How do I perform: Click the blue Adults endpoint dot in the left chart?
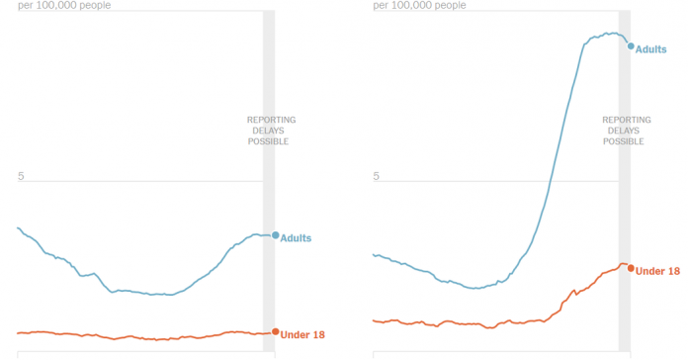[275, 235]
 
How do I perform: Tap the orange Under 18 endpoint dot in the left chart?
[275, 332]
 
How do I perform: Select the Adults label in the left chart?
[297, 237]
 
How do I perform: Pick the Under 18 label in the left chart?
[302, 334]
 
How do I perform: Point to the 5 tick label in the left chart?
[20, 176]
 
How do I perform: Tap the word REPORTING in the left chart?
[270, 120]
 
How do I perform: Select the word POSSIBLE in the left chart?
[268, 141]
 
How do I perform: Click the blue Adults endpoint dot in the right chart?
[631, 45]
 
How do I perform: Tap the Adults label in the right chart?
[651, 48]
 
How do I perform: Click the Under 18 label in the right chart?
[657, 271]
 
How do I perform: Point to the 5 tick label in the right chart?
[376, 176]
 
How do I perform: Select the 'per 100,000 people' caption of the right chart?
[420, 5]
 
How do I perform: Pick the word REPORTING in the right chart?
[625, 120]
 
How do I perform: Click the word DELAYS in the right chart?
[624, 131]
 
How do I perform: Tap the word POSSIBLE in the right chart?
[624, 141]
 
